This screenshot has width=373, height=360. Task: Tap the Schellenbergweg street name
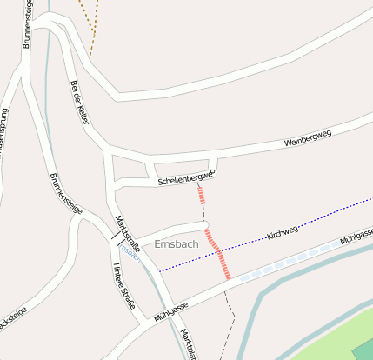pos(185,178)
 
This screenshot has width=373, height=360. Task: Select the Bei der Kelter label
pos(79,103)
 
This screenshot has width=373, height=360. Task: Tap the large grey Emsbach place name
pos(176,244)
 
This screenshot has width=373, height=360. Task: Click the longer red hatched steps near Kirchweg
pos(217,253)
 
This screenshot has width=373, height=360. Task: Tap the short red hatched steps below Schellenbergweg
pos(201,195)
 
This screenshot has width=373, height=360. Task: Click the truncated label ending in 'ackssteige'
pos(12,316)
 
